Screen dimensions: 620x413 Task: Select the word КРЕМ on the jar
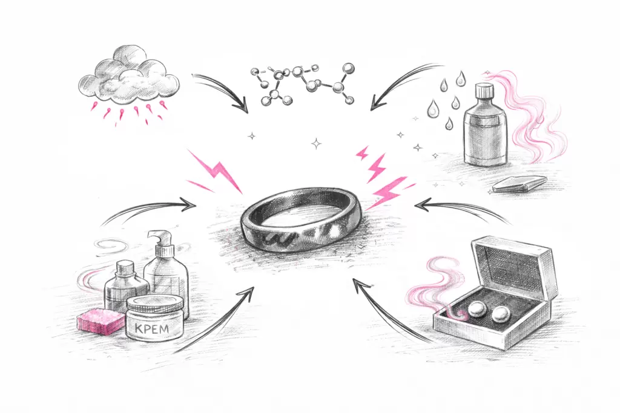point(151,328)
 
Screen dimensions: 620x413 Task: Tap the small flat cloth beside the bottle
point(520,184)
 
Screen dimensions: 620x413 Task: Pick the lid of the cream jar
point(154,305)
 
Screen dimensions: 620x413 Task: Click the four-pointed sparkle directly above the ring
point(316,144)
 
